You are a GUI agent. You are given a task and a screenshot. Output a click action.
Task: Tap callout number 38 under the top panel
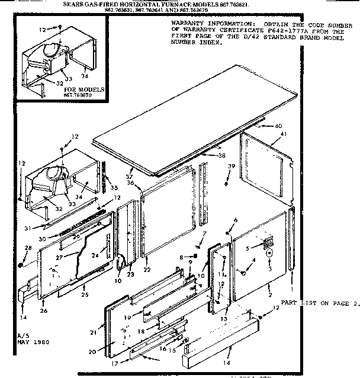coord(222,156)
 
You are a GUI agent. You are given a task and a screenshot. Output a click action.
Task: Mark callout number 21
coord(92,333)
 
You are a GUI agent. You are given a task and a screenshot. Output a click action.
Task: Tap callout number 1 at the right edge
coord(292,288)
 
